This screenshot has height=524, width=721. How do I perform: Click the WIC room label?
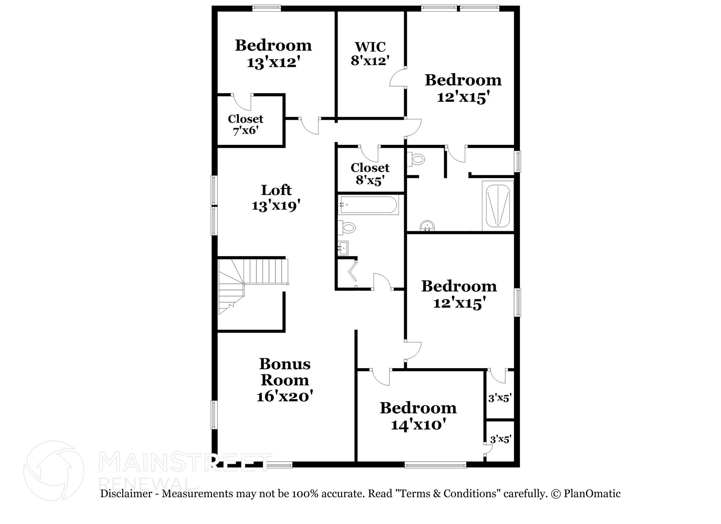[x=370, y=47]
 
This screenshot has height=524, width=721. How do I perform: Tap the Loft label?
[x=276, y=190]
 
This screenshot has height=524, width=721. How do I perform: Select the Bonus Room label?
[x=285, y=372]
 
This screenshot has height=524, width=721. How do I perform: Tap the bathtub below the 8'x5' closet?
[x=368, y=205]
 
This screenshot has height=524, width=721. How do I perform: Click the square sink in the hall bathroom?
[x=343, y=248]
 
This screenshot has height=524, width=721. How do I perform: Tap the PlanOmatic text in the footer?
[x=592, y=494]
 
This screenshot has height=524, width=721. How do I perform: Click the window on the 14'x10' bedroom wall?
[x=435, y=465]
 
